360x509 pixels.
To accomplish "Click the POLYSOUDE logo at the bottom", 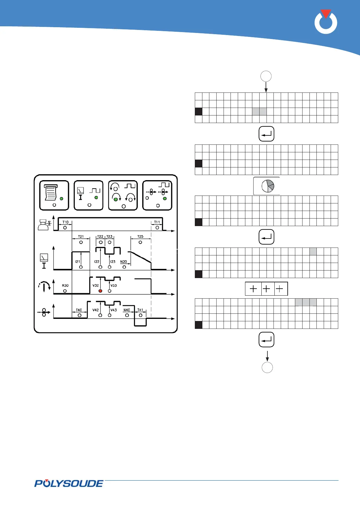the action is [x=69, y=483].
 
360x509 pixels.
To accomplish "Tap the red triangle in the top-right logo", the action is [x=326, y=14].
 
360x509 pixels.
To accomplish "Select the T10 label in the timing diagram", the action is [x=65, y=222].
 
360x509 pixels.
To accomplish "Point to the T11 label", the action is [x=157, y=222].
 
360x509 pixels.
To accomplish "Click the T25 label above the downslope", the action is [x=140, y=237].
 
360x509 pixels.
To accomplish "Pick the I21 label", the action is [x=78, y=262].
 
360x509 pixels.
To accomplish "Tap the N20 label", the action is [x=123, y=262].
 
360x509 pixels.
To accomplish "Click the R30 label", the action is [x=65, y=285].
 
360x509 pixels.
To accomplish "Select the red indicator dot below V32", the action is [x=100, y=291].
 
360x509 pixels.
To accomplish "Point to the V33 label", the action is [x=113, y=285].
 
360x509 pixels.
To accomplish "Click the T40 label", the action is [x=79, y=310].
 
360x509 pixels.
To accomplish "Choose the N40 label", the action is [x=126, y=310].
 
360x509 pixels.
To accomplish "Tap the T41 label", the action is [x=140, y=310].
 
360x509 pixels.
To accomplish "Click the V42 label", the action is [x=96, y=310].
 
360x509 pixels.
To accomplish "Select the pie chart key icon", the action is [x=267, y=186].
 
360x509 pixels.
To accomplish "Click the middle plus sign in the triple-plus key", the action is [x=266, y=289].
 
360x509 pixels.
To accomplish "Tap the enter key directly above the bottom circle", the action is [x=267, y=340].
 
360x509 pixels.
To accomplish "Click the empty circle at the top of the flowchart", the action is [x=266, y=76].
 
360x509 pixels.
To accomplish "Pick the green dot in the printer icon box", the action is [x=61, y=199].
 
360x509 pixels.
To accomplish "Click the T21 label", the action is [x=81, y=237].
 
